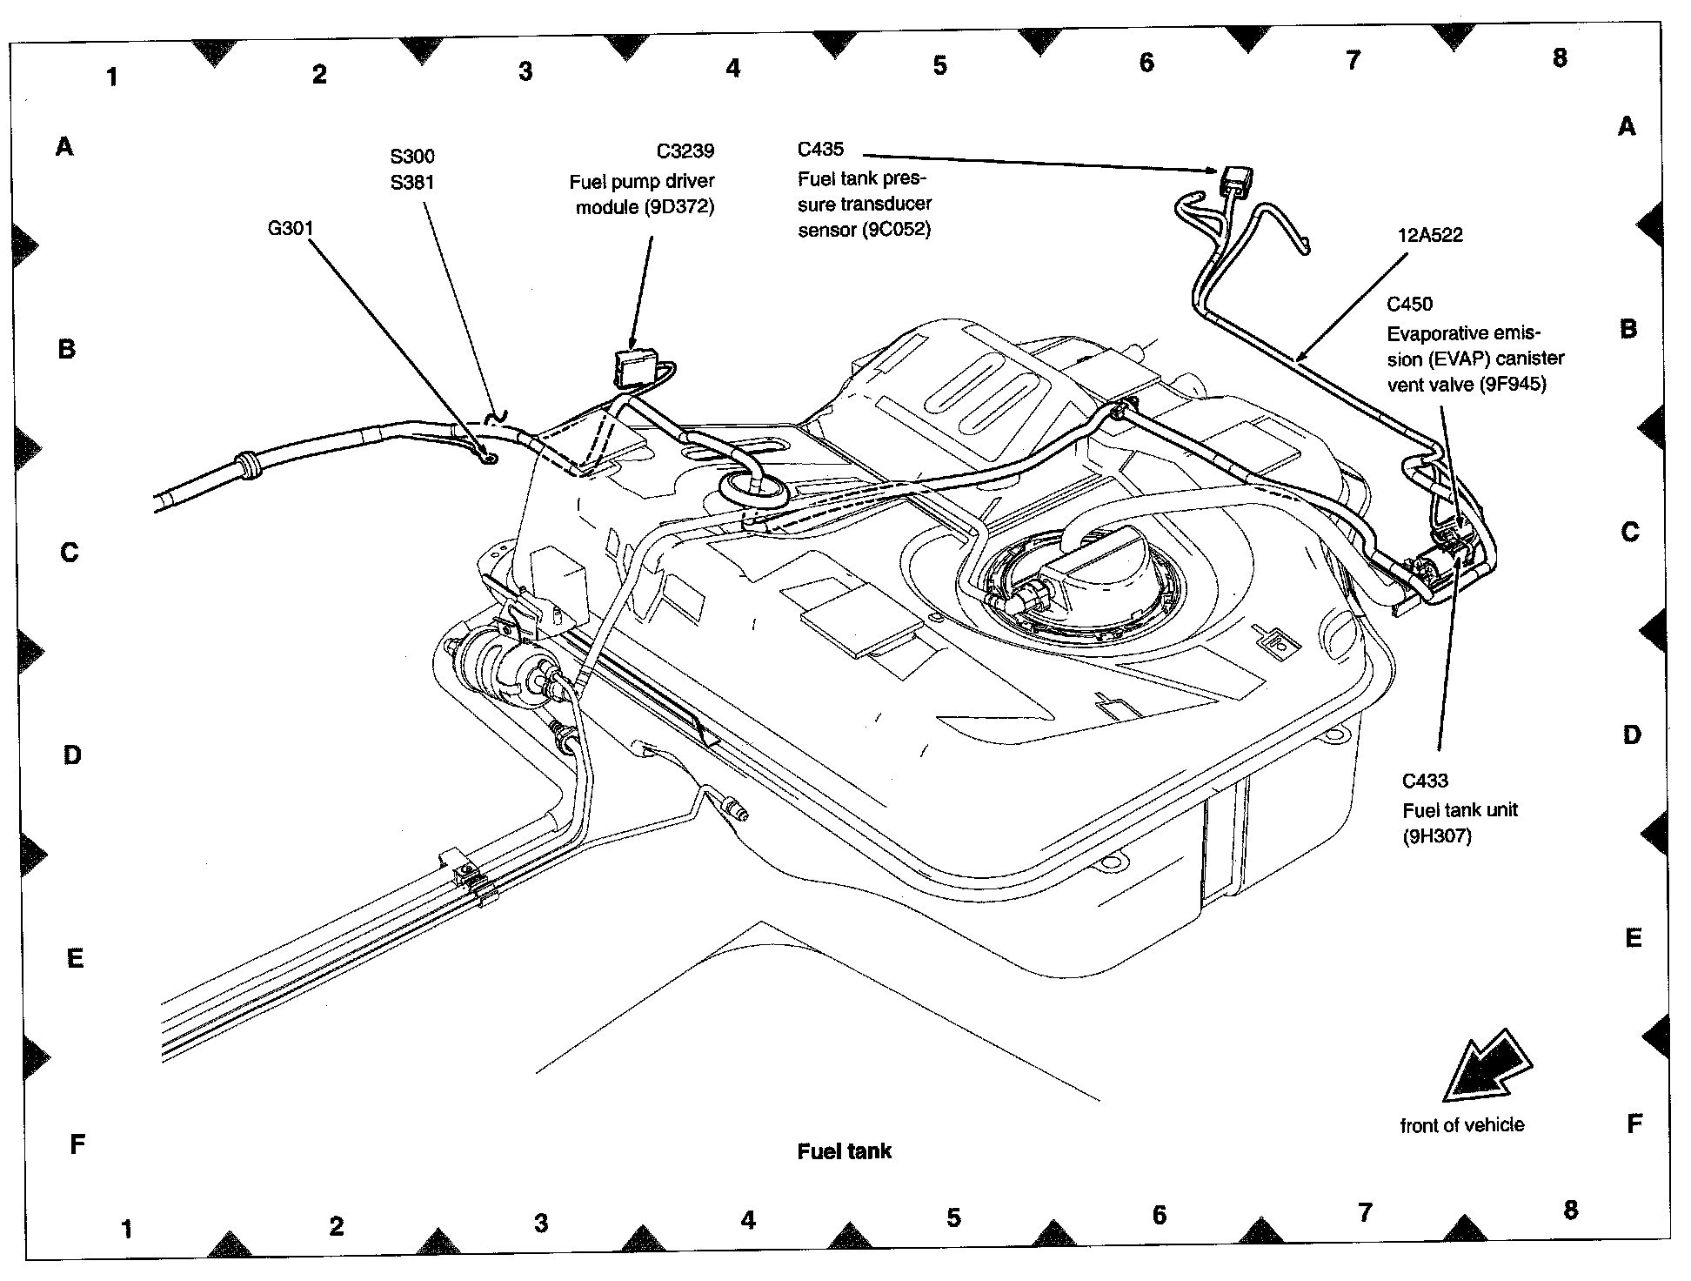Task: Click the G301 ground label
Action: click(x=290, y=228)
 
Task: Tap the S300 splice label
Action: click(x=411, y=157)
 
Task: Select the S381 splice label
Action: click(x=411, y=183)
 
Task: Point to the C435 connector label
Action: click(x=820, y=150)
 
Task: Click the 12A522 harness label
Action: click(x=1430, y=235)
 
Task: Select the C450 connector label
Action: click(x=1409, y=304)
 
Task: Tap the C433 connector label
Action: click(x=1425, y=781)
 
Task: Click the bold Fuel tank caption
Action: click(x=844, y=1151)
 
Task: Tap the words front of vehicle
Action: click(x=1461, y=1125)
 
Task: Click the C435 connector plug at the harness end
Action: click(x=1235, y=182)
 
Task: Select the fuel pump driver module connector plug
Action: click(x=634, y=366)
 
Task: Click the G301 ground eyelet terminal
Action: click(x=488, y=455)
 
